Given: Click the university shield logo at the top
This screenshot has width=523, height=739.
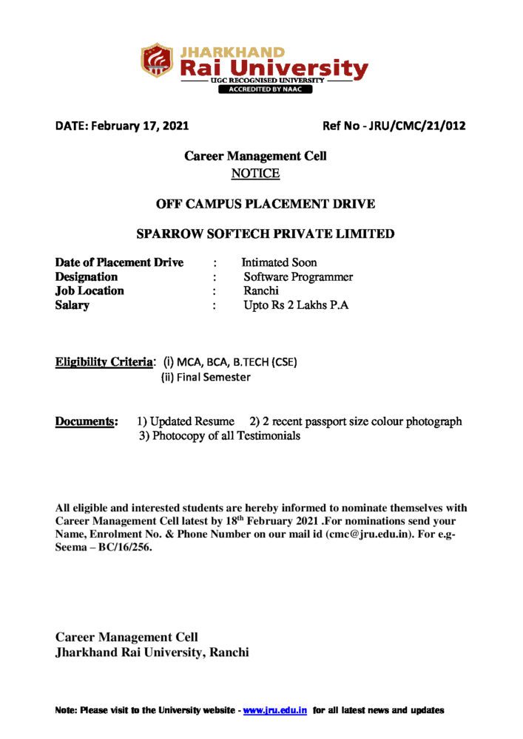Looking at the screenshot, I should (x=157, y=61).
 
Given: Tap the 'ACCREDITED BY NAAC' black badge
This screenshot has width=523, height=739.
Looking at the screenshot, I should (x=264, y=89).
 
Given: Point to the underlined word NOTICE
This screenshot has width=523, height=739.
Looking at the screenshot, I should (x=255, y=174).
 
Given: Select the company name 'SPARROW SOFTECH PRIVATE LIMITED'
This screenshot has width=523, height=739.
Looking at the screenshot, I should (x=266, y=234).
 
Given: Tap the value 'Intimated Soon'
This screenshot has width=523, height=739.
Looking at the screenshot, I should (x=279, y=262).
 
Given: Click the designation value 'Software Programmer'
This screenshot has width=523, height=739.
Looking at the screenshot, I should (x=298, y=277).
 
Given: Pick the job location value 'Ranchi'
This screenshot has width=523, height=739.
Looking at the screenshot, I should (x=261, y=291).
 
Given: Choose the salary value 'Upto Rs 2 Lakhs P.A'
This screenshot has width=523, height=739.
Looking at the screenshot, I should (x=296, y=305).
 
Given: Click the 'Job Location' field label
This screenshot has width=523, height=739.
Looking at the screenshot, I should (x=90, y=291).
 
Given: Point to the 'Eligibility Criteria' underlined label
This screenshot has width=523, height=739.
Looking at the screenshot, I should (x=103, y=362).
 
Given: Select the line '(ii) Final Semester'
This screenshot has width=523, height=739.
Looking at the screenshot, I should (x=206, y=377).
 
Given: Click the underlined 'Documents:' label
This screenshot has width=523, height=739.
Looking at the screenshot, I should (x=87, y=421).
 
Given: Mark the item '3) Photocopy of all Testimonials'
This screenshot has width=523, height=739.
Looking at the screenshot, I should (x=220, y=436).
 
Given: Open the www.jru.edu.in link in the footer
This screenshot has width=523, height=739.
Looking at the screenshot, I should (x=275, y=710).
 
